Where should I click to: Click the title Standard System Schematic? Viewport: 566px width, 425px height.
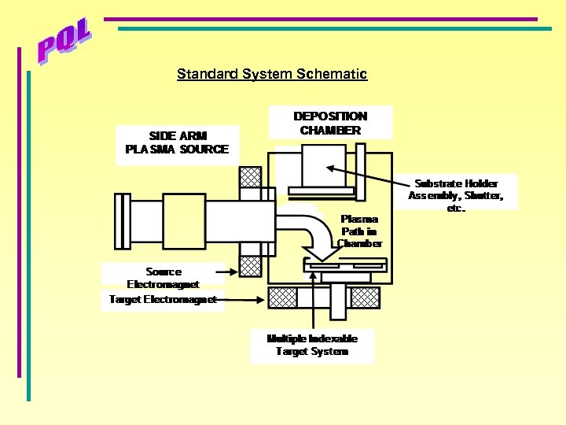click(x=271, y=74)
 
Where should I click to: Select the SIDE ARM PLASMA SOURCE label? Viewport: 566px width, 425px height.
click(x=177, y=142)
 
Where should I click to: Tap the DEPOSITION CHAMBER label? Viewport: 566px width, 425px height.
click(x=330, y=123)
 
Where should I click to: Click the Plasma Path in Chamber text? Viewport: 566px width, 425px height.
click(x=359, y=231)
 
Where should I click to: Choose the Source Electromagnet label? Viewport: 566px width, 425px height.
click(x=164, y=277)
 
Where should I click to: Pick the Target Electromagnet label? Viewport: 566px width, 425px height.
click(x=163, y=299)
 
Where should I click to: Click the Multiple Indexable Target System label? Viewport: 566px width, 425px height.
click(x=312, y=345)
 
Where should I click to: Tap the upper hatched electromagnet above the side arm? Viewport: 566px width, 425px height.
click(x=250, y=178)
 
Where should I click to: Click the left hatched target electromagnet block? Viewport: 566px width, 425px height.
click(x=283, y=297)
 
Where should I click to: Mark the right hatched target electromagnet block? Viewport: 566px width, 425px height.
click(x=365, y=297)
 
